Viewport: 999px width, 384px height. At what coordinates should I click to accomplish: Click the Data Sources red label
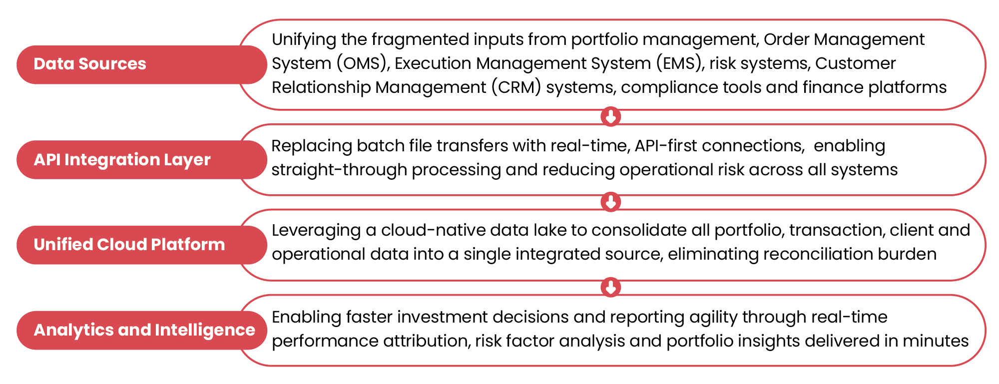click(x=142, y=64)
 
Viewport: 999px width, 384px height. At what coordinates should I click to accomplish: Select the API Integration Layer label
click(x=142, y=160)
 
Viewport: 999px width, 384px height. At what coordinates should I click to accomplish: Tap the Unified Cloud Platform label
click(x=142, y=245)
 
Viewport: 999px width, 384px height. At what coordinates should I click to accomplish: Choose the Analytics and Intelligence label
click(x=142, y=330)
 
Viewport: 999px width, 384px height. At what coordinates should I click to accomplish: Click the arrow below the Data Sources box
click(x=610, y=117)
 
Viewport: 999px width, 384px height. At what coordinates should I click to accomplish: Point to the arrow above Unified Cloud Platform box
click(x=610, y=202)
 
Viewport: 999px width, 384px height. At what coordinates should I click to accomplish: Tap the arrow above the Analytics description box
click(x=610, y=287)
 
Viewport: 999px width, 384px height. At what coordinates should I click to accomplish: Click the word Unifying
click(x=304, y=40)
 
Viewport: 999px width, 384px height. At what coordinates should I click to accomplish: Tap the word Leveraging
click(x=316, y=231)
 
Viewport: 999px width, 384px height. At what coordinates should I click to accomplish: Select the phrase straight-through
click(x=339, y=170)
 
